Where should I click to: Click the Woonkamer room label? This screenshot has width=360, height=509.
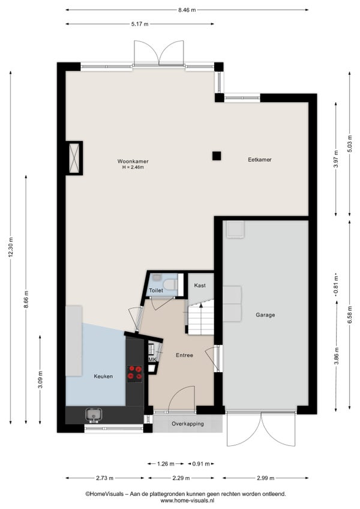(133, 161)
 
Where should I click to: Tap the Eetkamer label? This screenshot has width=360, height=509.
(260, 160)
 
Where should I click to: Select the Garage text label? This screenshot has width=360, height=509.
(265, 315)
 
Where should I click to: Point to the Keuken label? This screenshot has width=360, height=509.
(103, 376)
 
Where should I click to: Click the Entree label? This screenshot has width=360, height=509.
(184, 355)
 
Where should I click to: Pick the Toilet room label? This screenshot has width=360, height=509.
(156, 291)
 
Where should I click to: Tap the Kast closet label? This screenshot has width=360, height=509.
(200, 286)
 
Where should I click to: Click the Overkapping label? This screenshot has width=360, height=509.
(188, 424)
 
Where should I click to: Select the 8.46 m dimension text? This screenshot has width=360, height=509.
(187, 10)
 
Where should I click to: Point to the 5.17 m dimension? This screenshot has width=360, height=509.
(140, 24)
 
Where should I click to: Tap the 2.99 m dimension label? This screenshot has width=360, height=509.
(265, 478)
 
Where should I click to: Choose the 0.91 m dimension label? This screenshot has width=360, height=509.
(201, 464)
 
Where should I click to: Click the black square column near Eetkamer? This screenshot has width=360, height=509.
(217, 156)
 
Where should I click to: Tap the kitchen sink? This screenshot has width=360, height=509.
(94, 415)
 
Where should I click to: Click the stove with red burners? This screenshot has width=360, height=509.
(135, 373)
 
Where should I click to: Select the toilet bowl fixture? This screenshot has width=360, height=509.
(170, 285)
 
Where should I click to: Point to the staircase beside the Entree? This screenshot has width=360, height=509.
(201, 318)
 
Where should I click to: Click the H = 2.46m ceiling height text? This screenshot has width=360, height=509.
(133, 167)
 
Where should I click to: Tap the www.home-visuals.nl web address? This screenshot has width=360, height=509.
(187, 501)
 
